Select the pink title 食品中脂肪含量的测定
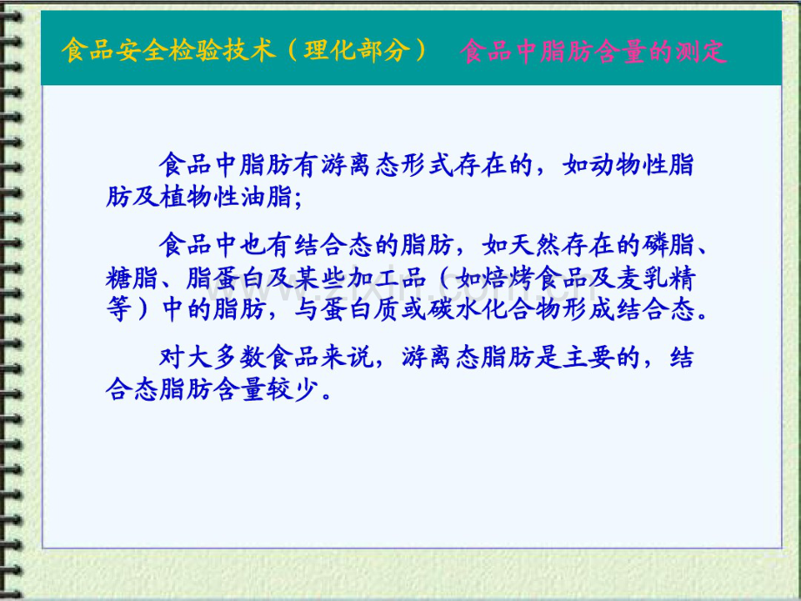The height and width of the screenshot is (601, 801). [592, 51]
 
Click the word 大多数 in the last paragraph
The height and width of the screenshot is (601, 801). [216, 358]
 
